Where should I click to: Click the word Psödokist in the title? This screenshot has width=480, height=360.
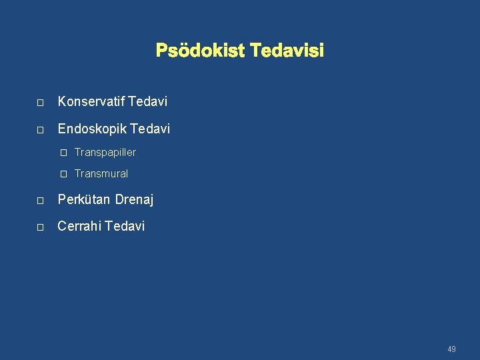pos(199,51)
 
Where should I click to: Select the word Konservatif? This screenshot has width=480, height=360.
pos(91,102)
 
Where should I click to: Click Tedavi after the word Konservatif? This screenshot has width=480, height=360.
pos(147,102)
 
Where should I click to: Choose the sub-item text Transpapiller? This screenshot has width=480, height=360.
pos(105,153)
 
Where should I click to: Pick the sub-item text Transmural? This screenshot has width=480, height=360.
pos(101,174)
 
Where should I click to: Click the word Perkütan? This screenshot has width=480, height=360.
pos(84,199)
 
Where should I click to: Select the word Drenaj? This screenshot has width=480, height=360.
pos(134,199)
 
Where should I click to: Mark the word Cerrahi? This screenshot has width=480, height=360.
pos(79,226)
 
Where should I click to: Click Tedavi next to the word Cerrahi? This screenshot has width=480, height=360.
pos(124,226)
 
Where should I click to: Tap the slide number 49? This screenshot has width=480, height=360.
pos(451,349)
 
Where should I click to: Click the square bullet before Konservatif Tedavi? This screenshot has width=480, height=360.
pos(40,103)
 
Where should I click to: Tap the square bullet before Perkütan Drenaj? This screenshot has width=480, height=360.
pos(40,201)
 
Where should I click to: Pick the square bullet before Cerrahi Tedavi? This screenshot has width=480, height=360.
pos(40,227)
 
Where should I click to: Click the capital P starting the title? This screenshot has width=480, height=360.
pos(161,51)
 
